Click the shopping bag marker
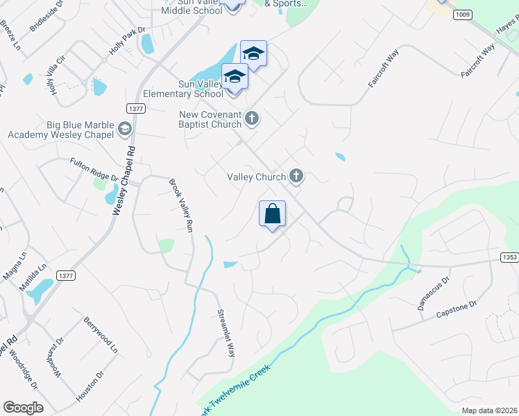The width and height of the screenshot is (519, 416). [273, 214]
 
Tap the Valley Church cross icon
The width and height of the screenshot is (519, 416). [296, 176]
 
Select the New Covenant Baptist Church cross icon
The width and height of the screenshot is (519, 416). [252, 119]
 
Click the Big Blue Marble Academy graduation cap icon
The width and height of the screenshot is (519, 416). [124, 128]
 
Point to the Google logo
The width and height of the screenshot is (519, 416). [23, 408]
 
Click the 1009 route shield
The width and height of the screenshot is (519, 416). [463, 14]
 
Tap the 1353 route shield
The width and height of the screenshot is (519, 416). [509, 257]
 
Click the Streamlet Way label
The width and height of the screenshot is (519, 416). [227, 332]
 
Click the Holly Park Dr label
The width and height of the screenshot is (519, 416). [127, 41]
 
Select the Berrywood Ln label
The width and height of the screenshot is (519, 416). [101, 334]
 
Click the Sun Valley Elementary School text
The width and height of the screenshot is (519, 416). [182, 89]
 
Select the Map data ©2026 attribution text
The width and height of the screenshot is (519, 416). [488, 410]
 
